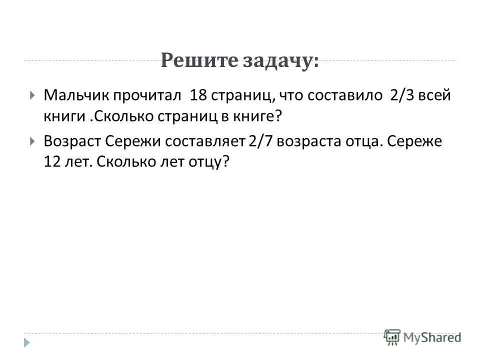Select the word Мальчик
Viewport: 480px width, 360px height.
click(74, 95)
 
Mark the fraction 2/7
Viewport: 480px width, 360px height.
click(260, 141)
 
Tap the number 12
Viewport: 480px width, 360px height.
click(52, 163)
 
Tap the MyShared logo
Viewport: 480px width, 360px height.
click(423, 336)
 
